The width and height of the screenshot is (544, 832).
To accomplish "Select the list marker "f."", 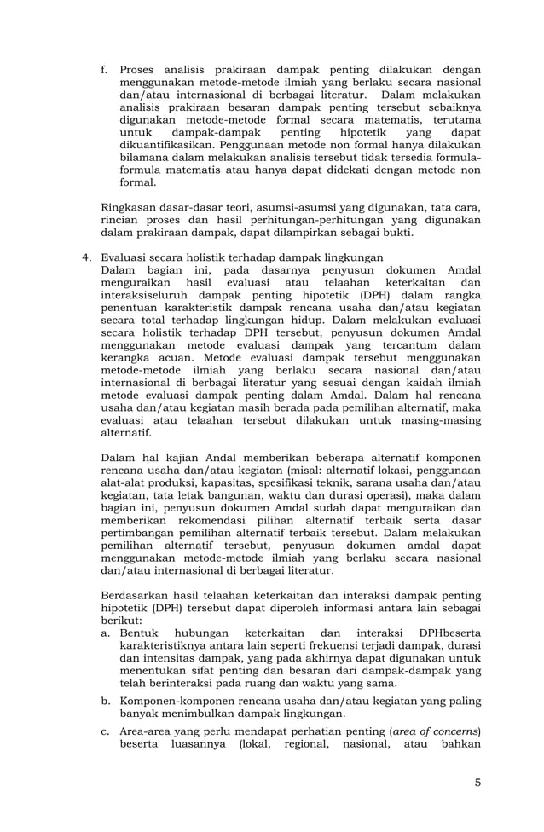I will point(104,70).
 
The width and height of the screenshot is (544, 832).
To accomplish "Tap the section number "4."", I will point(86,257).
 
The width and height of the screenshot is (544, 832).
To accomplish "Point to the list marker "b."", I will point(107,701).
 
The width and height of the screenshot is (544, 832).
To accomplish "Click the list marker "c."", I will point(107,731).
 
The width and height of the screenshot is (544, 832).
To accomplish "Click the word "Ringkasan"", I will point(130,206).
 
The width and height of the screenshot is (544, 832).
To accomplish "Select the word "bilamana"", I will point(145,159).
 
